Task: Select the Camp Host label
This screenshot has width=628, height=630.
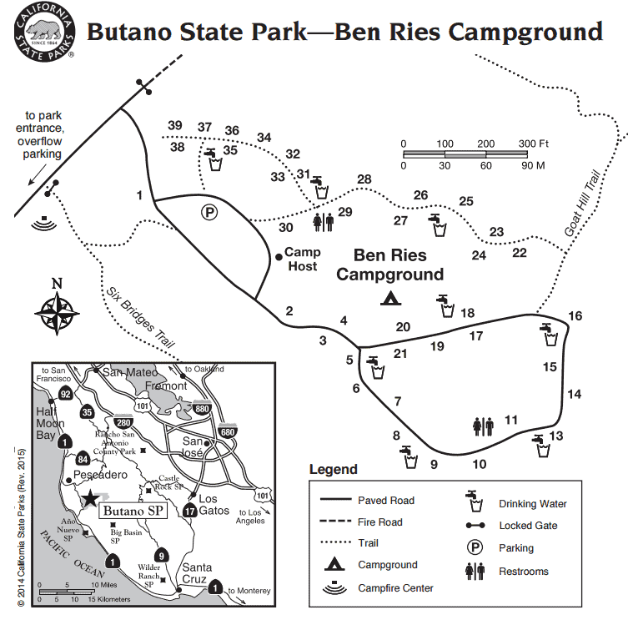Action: click(x=301, y=259)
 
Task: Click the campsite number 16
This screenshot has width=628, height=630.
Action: click(x=575, y=315)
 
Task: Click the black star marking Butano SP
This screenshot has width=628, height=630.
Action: click(x=90, y=498)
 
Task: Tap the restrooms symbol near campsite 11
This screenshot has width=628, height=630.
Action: click(x=484, y=426)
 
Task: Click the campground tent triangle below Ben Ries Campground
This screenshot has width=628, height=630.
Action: click(x=389, y=297)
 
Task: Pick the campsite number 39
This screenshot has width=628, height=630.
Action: click(x=174, y=126)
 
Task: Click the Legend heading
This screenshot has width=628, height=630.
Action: click(x=333, y=470)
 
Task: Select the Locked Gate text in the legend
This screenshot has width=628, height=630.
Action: click(x=528, y=526)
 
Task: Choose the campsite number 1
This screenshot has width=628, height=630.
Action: click(x=140, y=196)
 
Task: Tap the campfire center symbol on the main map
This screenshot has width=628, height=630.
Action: click(x=44, y=222)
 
